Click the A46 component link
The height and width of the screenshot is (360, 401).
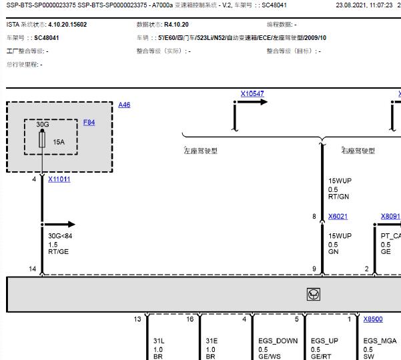(124, 105)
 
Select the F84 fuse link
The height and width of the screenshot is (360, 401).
(89, 123)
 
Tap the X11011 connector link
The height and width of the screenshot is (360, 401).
(59, 179)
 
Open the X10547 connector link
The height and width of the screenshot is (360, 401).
(252, 94)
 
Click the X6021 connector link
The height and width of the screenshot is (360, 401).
(338, 217)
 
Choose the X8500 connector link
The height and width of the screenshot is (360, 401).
(373, 319)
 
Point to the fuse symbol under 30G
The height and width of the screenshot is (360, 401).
(42, 139)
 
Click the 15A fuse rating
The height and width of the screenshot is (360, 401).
(59, 142)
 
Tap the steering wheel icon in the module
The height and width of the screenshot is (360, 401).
(314, 294)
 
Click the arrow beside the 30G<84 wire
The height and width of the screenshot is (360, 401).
(59, 224)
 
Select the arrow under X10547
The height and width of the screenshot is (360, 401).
(251, 102)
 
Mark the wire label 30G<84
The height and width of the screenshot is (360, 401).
(60, 236)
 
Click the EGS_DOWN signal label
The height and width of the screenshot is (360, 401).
(278, 341)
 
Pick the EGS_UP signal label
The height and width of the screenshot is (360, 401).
(324, 341)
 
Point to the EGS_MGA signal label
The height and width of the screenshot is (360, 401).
(380, 341)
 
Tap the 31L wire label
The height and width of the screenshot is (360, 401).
(159, 341)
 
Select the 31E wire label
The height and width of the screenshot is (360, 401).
(212, 341)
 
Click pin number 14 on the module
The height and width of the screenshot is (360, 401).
(33, 269)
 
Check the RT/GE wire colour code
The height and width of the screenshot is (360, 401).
(58, 252)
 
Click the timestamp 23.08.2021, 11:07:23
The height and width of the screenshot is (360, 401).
(364, 5)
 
